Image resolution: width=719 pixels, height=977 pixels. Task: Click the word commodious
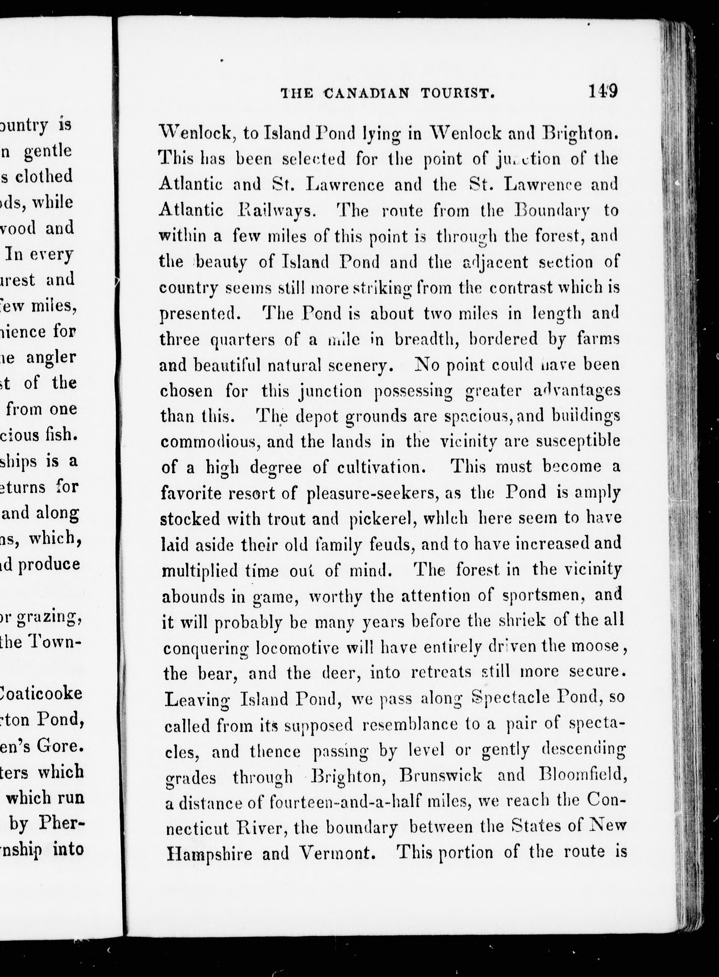click(210, 442)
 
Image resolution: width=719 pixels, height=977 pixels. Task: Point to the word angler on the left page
click(51, 357)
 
